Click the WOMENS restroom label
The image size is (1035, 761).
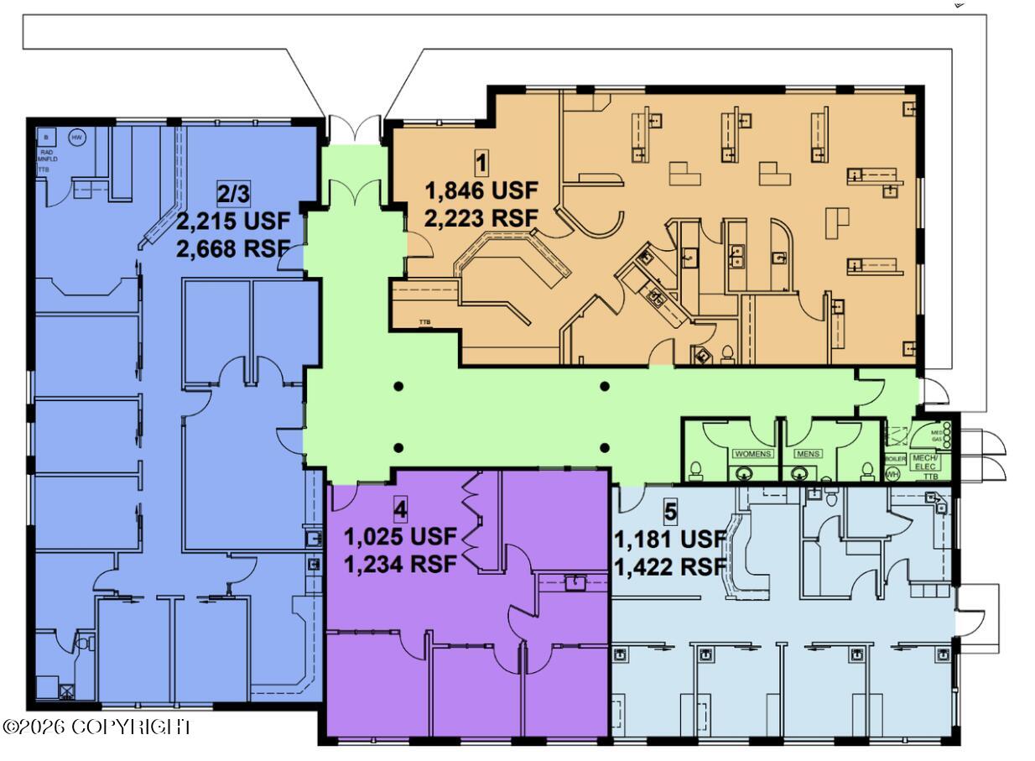click(752, 454)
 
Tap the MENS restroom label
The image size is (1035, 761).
click(808, 454)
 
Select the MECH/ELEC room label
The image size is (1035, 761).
click(925, 461)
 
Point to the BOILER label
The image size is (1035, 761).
click(893, 459)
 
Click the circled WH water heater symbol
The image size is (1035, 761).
click(892, 474)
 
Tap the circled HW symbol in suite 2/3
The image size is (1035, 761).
click(76, 138)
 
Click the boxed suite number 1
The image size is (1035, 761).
click(481, 161)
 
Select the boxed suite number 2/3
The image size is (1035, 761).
click(233, 193)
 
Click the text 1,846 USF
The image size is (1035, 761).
click(481, 191)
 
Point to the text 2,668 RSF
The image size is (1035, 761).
click(233, 249)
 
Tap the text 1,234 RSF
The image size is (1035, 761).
click(401, 564)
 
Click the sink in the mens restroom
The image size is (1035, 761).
click(798, 474)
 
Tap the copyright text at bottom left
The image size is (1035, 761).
click(96, 727)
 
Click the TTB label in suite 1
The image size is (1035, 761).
click(424, 321)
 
